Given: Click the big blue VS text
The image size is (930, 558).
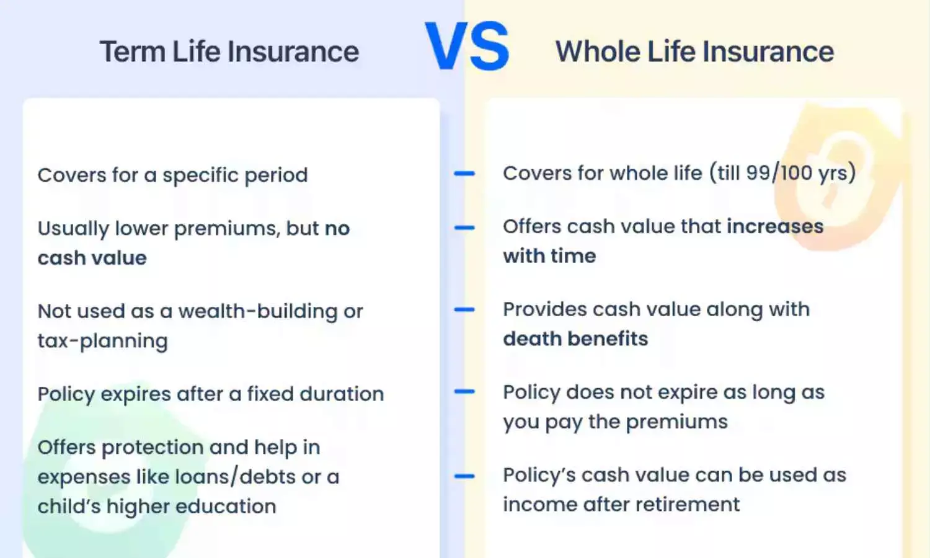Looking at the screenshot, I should click(467, 47).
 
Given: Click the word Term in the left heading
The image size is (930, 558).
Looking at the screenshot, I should click(133, 51).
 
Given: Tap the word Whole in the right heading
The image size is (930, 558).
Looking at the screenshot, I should click(597, 51).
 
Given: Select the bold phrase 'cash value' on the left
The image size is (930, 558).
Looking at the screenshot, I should click(92, 258).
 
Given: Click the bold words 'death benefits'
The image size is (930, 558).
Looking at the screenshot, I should click(575, 339).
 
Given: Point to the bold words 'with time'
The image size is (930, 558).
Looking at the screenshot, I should click(549, 255).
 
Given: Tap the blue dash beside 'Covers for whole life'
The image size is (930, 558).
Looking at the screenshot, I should click(464, 174).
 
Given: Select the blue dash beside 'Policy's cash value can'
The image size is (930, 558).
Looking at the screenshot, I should click(464, 476).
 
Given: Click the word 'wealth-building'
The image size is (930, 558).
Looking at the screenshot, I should click(257, 311).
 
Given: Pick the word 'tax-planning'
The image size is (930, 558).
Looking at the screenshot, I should click(102, 341).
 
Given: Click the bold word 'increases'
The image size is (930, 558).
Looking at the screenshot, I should click(774, 226).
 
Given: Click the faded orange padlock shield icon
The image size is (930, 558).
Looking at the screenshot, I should click(831, 177).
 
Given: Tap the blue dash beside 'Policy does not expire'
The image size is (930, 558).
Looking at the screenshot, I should click(464, 392).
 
